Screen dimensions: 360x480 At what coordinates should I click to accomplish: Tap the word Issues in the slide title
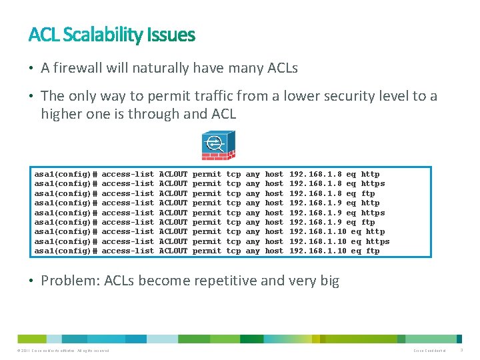173,35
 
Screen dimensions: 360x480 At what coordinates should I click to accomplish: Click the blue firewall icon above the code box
215,145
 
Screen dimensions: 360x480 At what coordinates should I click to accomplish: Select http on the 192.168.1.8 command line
370,174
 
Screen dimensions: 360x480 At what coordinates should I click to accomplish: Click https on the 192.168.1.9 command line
373,213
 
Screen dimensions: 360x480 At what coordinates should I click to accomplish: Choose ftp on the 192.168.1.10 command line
373,251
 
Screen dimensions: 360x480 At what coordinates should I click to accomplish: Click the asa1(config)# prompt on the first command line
65,174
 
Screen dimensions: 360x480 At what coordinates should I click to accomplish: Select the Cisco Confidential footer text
429,351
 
